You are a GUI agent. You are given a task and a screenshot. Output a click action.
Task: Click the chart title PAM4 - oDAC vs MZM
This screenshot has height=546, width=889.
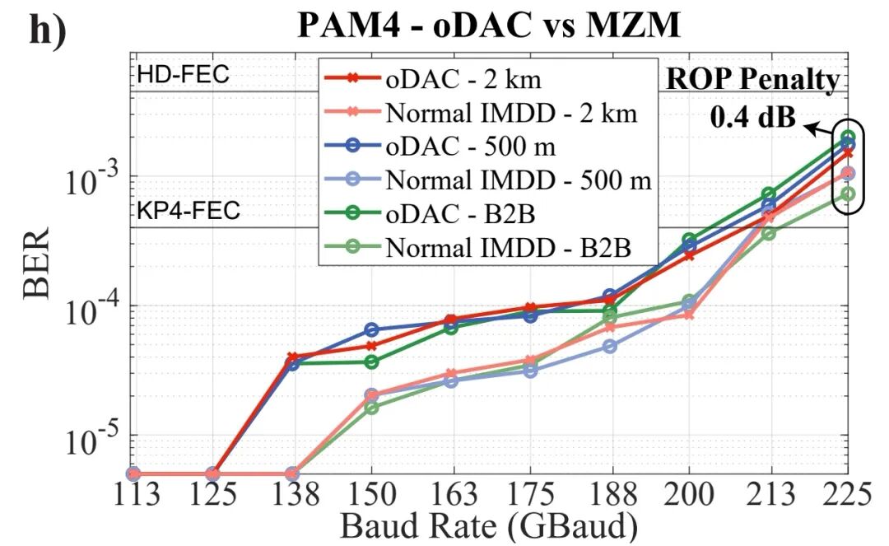pyautogui.click(x=489, y=27)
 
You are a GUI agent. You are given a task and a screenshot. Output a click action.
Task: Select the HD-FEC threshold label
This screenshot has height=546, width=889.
pyautogui.click(x=183, y=76)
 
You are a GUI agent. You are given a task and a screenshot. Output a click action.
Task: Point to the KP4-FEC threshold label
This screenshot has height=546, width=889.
pyautogui.click(x=189, y=211)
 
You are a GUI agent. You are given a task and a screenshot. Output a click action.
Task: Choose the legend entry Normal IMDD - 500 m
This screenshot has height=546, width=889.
pyautogui.click(x=518, y=180)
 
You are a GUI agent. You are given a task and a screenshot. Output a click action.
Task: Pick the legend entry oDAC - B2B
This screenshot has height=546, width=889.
pyautogui.click(x=462, y=213)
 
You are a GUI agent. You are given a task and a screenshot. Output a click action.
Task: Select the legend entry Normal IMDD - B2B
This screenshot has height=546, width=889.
pyautogui.click(x=510, y=245)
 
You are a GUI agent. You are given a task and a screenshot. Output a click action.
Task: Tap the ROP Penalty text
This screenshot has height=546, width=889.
pyautogui.click(x=752, y=80)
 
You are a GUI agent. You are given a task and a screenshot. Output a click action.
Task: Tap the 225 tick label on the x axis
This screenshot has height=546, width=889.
pyautogui.click(x=845, y=496)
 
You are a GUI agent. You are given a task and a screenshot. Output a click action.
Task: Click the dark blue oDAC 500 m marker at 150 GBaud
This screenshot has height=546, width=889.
pyautogui.click(x=371, y=330)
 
